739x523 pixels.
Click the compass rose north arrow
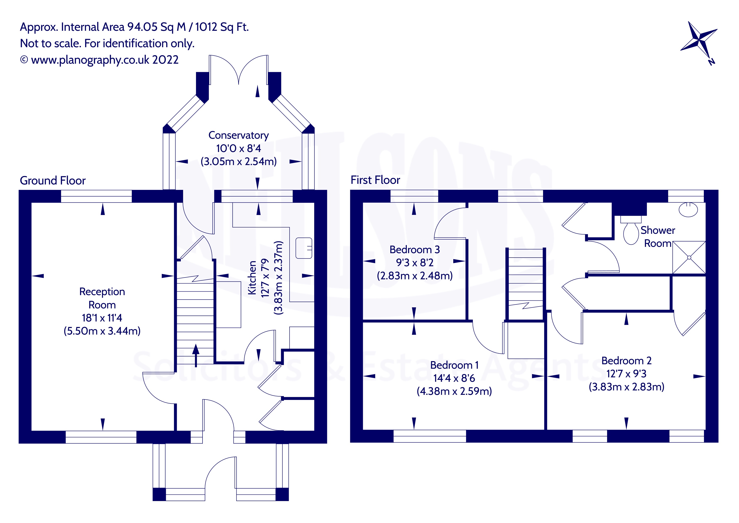699,42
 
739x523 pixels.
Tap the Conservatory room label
239,135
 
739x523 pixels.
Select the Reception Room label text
102,298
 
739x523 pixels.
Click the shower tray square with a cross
689,258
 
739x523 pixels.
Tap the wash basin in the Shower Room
688,210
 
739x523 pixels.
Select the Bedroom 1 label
454,365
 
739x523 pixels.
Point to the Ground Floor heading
53,181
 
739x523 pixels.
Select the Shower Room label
658,237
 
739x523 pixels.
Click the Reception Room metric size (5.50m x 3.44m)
102,331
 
